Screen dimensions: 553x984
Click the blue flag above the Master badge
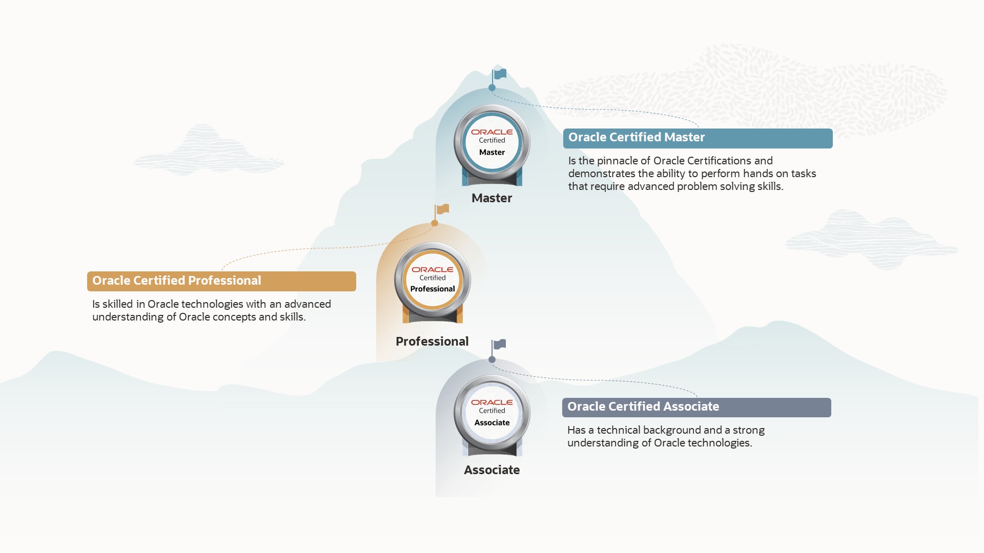500,74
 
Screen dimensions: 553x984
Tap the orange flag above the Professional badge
443,209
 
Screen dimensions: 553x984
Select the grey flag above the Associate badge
500,344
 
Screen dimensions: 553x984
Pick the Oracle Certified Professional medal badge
433,282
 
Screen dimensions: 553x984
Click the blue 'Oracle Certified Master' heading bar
698,138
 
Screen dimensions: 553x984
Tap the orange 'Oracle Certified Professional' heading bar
221,281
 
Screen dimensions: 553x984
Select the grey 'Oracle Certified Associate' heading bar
696,408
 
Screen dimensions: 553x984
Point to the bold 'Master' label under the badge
492,198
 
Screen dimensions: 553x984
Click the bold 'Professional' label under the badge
432,342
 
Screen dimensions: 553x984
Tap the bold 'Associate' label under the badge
492,470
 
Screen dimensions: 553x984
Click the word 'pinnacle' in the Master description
618,161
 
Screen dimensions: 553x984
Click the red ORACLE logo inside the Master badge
492,132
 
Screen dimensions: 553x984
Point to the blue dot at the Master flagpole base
492,88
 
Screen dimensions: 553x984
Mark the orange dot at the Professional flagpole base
435,223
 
